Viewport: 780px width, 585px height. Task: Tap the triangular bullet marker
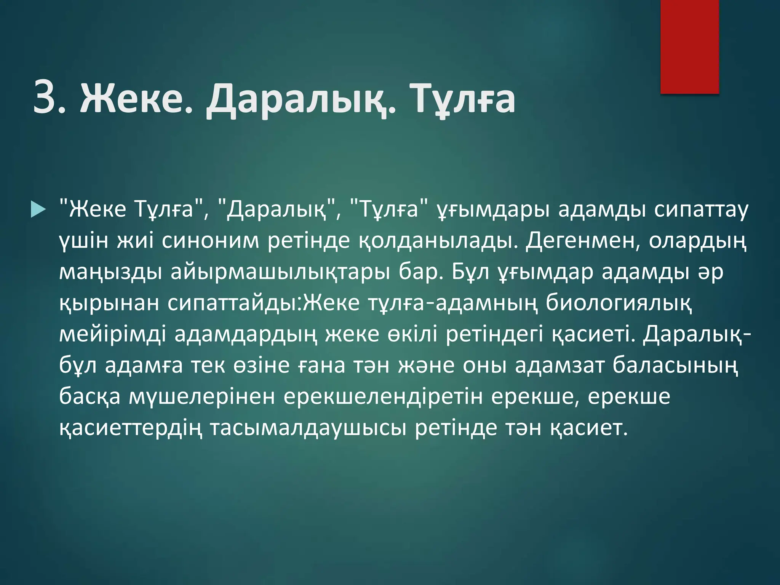coord(38,210)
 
